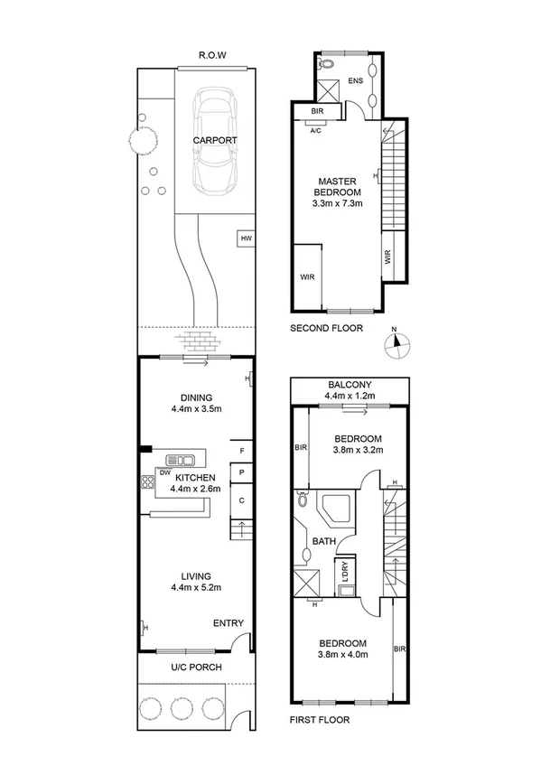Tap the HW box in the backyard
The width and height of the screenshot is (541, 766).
click(245, 239)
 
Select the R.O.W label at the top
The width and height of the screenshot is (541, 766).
click(213, 55)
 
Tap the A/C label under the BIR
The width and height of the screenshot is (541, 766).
click(316, 129)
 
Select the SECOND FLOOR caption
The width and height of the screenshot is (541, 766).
click(326, 329)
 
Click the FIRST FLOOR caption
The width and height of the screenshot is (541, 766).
click(320, 720)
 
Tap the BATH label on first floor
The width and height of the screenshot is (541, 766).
click(324, 542)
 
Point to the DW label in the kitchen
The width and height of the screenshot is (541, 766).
click(165, 472)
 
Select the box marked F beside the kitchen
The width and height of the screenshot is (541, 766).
click(242, 451)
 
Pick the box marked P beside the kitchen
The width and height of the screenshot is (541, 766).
click(242, 473)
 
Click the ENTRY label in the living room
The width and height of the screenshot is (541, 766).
click(227, 624)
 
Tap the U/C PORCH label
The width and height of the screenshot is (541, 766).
click(196, 668)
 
